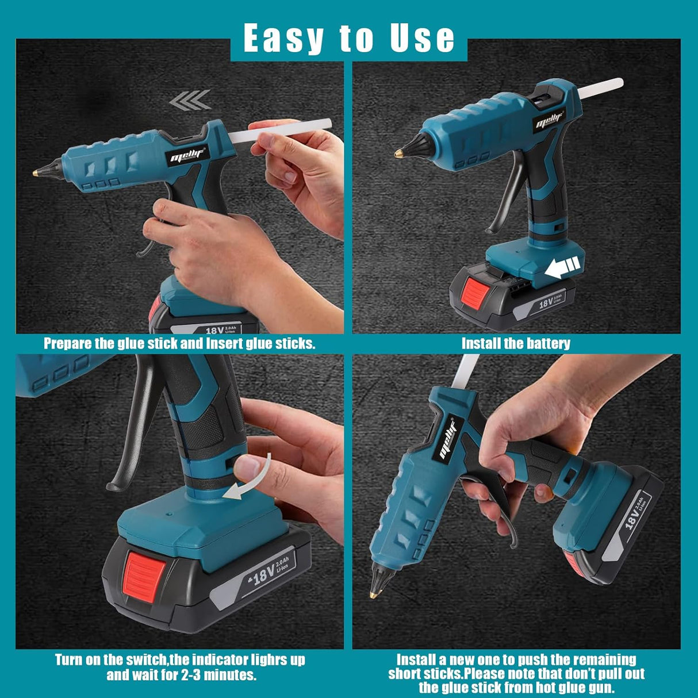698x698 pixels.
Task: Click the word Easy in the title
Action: point(283,38)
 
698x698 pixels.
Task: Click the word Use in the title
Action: point(422,37)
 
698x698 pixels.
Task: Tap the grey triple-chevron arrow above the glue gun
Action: point(190,100)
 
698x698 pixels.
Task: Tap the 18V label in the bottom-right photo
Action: point(633,519)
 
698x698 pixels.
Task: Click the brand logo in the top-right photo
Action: point(550,121)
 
